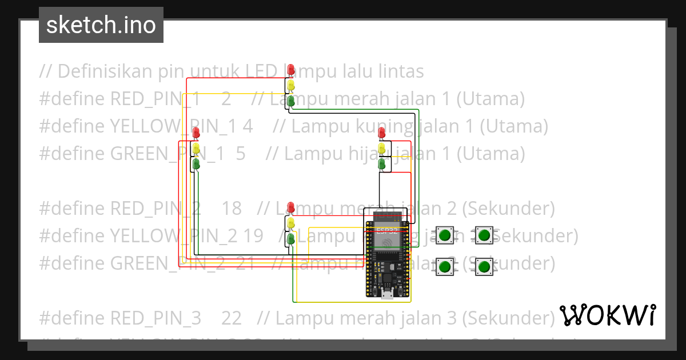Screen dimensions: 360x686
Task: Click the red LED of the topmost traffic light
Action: pos(291,70)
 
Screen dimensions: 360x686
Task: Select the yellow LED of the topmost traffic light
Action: pos(291,85)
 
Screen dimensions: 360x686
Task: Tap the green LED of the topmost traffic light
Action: pos(291,101)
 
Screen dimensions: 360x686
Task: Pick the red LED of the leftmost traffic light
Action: pos(197,133)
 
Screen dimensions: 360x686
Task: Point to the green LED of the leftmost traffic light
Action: pos(197,164)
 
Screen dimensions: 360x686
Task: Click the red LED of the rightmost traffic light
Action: pos(382,133)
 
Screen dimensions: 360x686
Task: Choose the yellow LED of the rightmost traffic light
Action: pos(382,148)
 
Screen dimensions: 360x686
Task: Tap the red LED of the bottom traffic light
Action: pos(291,206)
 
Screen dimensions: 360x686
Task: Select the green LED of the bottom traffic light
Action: pos(291,238)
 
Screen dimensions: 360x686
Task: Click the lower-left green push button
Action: pos(445,266)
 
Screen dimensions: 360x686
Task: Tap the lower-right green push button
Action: pos(485,266)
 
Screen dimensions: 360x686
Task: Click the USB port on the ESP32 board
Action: pos(388,295)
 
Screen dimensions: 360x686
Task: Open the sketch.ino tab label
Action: pos(101,25)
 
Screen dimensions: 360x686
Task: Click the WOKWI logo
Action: pos(608,315)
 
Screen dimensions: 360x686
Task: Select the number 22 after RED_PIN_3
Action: pos(231,318)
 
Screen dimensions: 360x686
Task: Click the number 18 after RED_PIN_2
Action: pos(231,209)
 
